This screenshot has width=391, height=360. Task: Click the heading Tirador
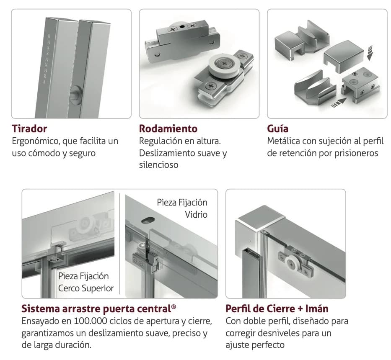coord(29,129)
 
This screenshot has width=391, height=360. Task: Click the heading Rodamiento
coord(168,129)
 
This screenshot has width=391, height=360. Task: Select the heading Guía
coord(277,129)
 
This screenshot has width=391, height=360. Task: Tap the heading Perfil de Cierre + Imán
coord(277,309)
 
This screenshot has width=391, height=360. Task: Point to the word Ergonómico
coord(35,141)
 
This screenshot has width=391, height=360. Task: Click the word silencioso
coord(158,165)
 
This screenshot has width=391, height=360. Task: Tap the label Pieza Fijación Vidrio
coord(182,208)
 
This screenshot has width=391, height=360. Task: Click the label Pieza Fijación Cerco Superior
coord(86,282)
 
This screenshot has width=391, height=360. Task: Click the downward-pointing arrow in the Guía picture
coord(370,53)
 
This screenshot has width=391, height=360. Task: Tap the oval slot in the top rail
coord(148,220)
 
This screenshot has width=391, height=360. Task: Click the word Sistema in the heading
coord(40,309)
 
